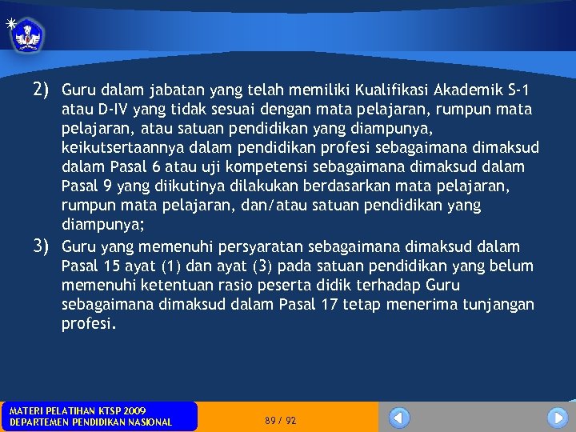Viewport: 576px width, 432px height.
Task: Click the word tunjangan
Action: click(x=495, y=305)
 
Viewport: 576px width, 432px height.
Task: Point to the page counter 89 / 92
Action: click(x=280, y=420)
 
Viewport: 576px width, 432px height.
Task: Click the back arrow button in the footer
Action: click(x=398, y=418)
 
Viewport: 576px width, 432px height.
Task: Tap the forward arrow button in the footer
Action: click(x=558, y=418)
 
